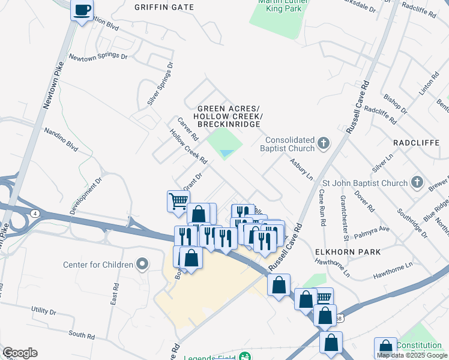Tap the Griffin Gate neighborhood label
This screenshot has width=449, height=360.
164,7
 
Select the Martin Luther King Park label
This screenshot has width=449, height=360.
279,6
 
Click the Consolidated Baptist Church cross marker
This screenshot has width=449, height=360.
324,143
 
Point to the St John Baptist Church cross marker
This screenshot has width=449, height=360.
418,182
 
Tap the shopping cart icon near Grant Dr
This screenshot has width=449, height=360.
178,201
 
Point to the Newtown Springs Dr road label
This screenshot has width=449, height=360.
98,57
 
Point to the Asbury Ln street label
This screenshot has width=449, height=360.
301,169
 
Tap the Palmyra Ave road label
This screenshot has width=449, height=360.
371,230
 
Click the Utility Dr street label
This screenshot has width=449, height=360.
43,312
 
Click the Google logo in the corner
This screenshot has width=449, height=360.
20,353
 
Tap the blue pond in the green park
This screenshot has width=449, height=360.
226,154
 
